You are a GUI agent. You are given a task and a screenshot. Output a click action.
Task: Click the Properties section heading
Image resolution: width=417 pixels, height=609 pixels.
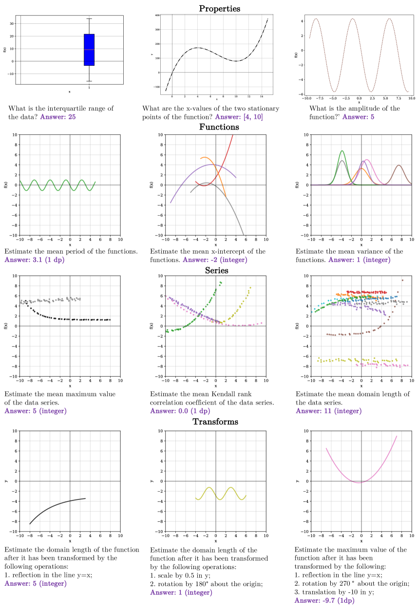pos(219,9)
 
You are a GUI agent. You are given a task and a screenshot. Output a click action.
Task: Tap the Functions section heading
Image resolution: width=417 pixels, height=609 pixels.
pos(219,127)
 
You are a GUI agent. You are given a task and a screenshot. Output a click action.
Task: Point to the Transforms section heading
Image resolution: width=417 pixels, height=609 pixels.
pos(215,422)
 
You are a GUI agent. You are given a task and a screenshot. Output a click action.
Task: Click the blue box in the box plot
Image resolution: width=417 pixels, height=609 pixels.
pos(89,50)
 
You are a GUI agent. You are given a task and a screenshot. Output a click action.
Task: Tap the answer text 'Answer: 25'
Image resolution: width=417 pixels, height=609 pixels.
pos(58,117)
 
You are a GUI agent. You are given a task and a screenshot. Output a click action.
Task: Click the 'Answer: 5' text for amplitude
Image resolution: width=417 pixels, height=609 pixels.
pos(358,117)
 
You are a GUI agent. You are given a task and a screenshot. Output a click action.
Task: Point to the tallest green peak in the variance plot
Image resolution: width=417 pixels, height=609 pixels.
pos(342,151)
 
